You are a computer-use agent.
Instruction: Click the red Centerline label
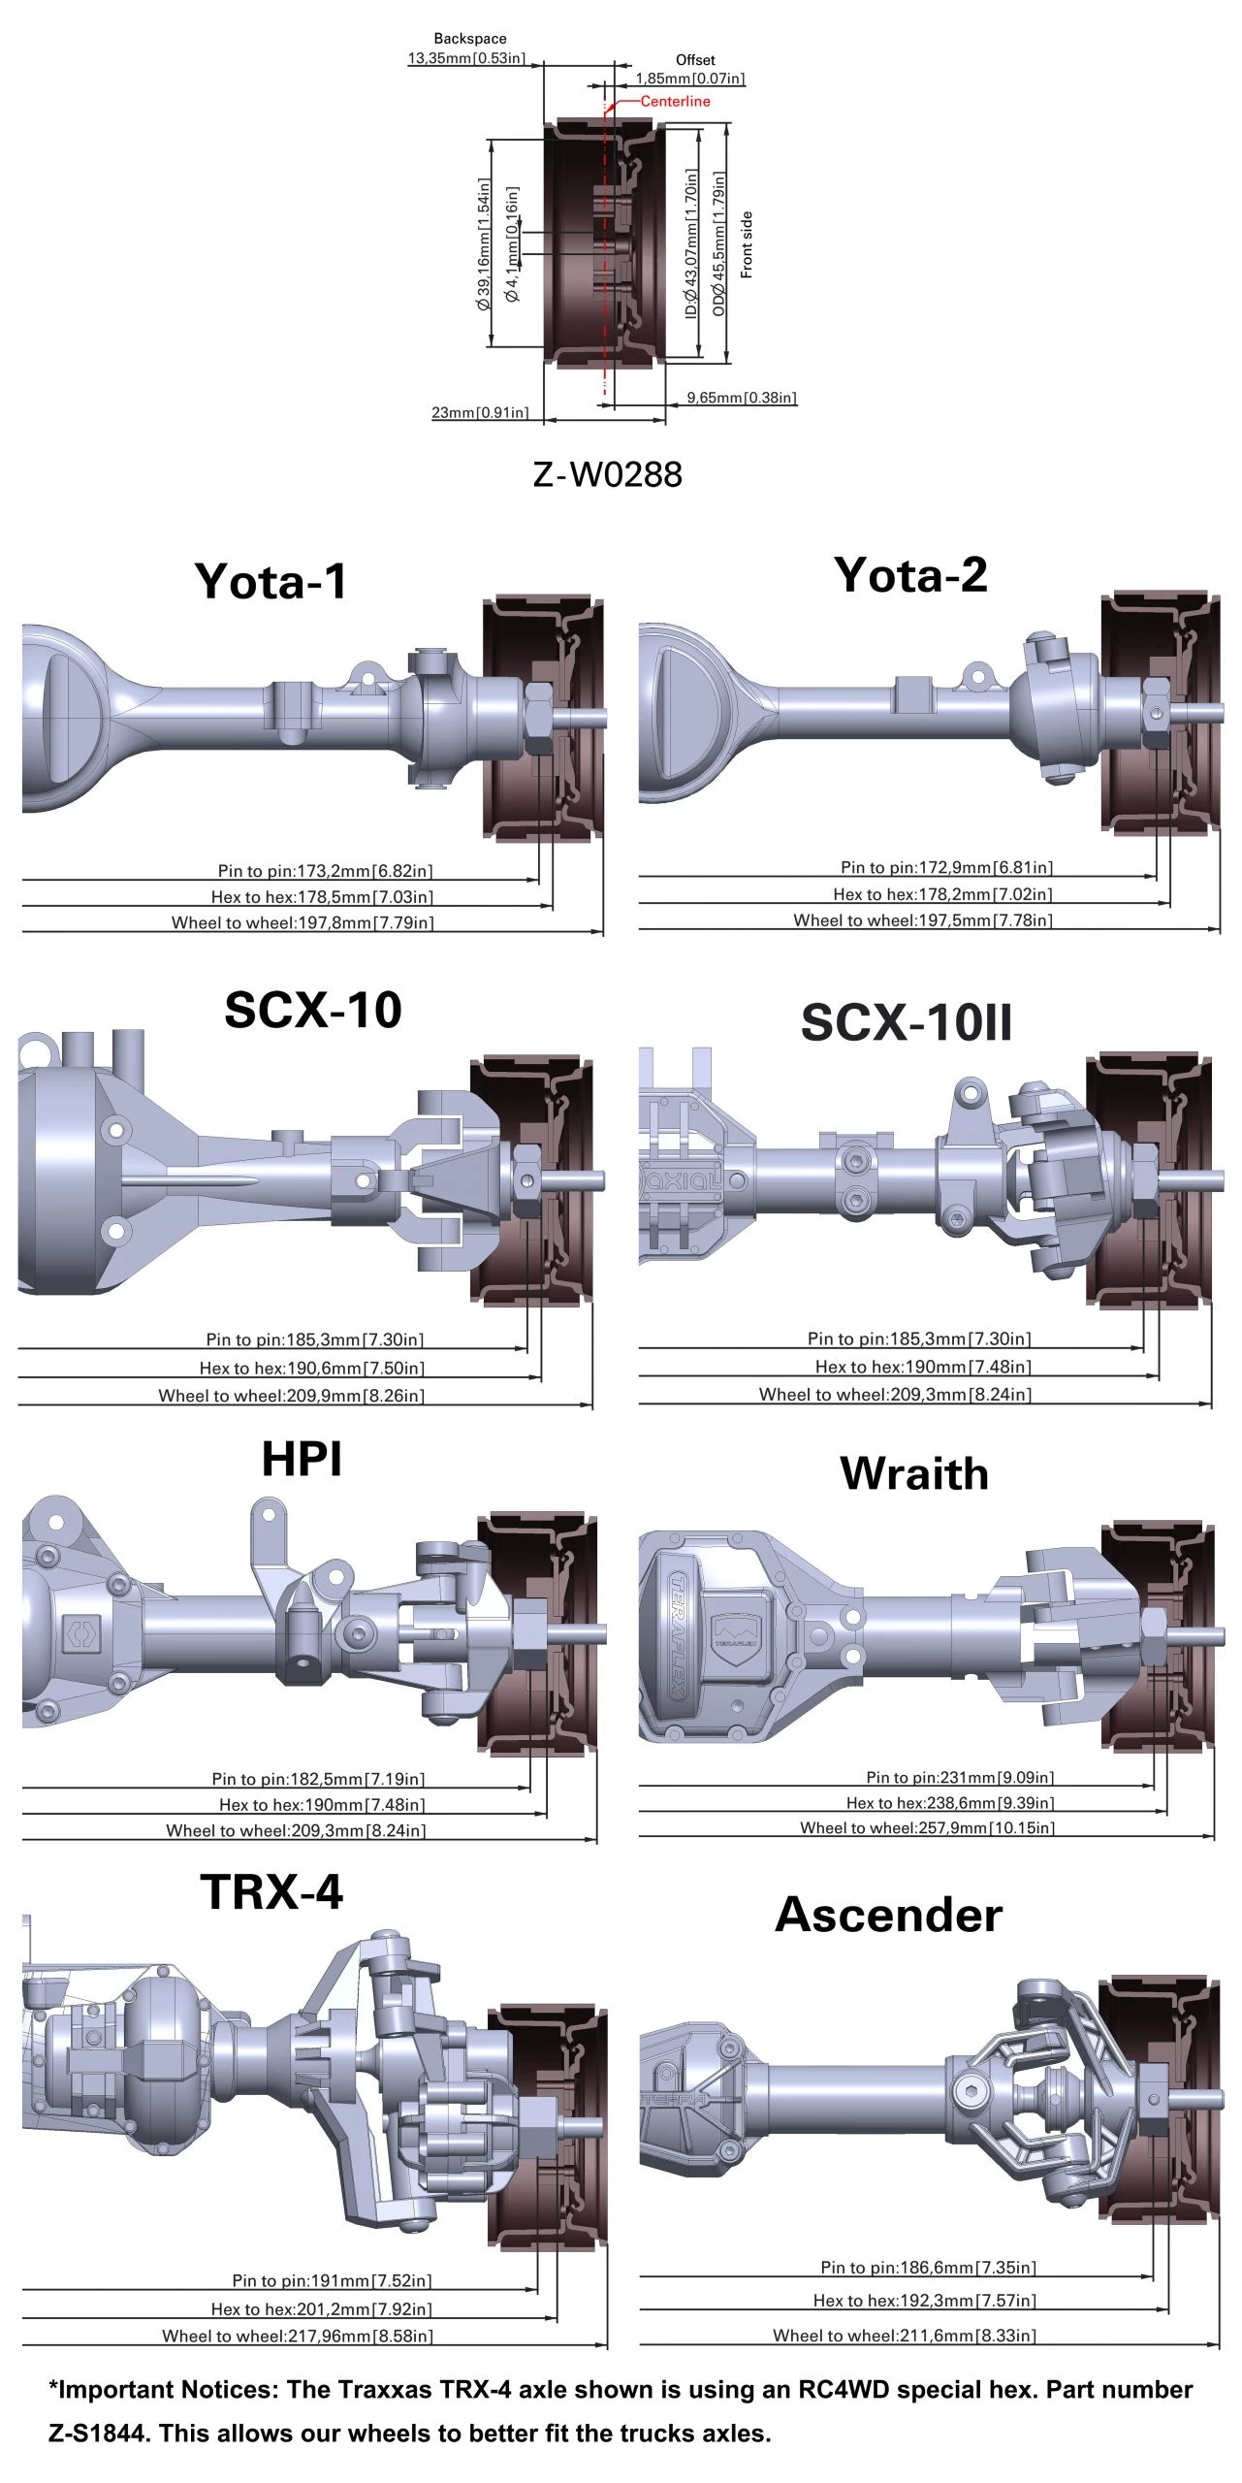click(x=675, y=101)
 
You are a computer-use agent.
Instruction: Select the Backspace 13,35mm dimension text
click(x=466, y=58)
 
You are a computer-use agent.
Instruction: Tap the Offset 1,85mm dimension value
click(x=690, y=79)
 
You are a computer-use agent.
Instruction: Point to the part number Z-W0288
click(x=608, y=474)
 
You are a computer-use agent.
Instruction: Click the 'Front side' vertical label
click(x=747, y=245)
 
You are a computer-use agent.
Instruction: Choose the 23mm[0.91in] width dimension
click(x=480, y=412)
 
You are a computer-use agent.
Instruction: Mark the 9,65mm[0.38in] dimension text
click(x=742, y=398)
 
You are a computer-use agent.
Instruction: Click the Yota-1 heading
click(x=271, y=581)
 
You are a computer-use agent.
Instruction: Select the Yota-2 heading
click(x=910, y=574)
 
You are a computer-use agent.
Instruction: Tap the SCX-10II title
click(x=907, y=1022)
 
